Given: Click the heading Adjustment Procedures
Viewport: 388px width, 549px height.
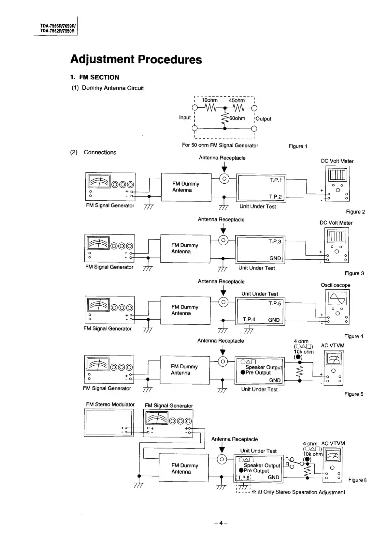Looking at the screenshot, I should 136,59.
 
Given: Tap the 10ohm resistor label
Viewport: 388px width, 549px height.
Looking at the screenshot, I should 209,100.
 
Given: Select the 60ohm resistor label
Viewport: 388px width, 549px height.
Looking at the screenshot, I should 237,118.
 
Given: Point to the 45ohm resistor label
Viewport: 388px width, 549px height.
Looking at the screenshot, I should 237,100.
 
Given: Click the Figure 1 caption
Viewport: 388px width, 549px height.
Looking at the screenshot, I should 298,146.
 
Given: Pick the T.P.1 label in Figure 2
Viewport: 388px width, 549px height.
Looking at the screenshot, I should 276,180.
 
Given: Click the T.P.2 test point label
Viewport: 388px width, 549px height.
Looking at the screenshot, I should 275,196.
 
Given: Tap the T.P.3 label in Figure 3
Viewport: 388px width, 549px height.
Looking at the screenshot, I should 275,241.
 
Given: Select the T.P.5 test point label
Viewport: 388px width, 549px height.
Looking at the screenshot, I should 275,303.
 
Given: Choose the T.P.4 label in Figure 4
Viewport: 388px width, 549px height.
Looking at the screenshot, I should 249,319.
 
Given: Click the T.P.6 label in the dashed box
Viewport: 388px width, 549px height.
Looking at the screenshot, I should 243,478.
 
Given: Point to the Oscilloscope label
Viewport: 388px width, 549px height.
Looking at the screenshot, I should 336,285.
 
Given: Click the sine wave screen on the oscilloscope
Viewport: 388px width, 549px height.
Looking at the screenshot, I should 338,298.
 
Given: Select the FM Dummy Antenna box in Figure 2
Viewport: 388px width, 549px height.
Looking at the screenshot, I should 186,187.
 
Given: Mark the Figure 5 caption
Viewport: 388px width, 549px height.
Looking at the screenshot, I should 354,394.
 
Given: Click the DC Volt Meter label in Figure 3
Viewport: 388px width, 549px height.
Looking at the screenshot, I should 336,223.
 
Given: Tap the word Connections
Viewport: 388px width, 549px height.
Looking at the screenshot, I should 100,152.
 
